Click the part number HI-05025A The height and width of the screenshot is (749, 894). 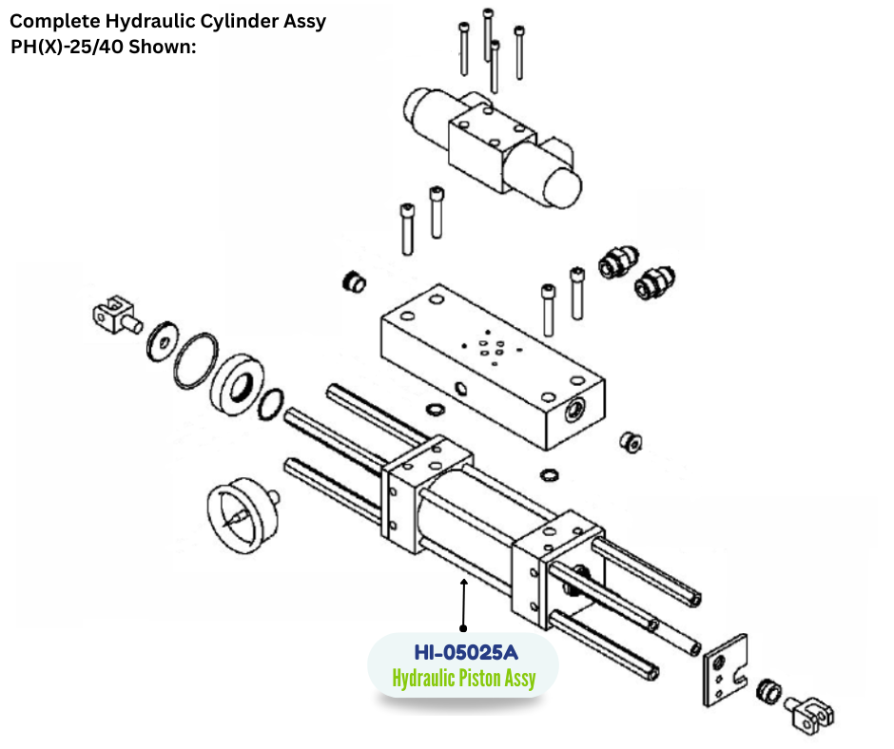click(x=463, y=653)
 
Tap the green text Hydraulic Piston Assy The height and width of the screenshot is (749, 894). click(x=463, y=678)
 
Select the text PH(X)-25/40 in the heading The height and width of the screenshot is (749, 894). click(x=65, y=46)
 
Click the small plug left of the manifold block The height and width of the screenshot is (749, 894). click(x=354, y=281)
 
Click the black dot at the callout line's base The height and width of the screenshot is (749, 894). click(x=463, y=628)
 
